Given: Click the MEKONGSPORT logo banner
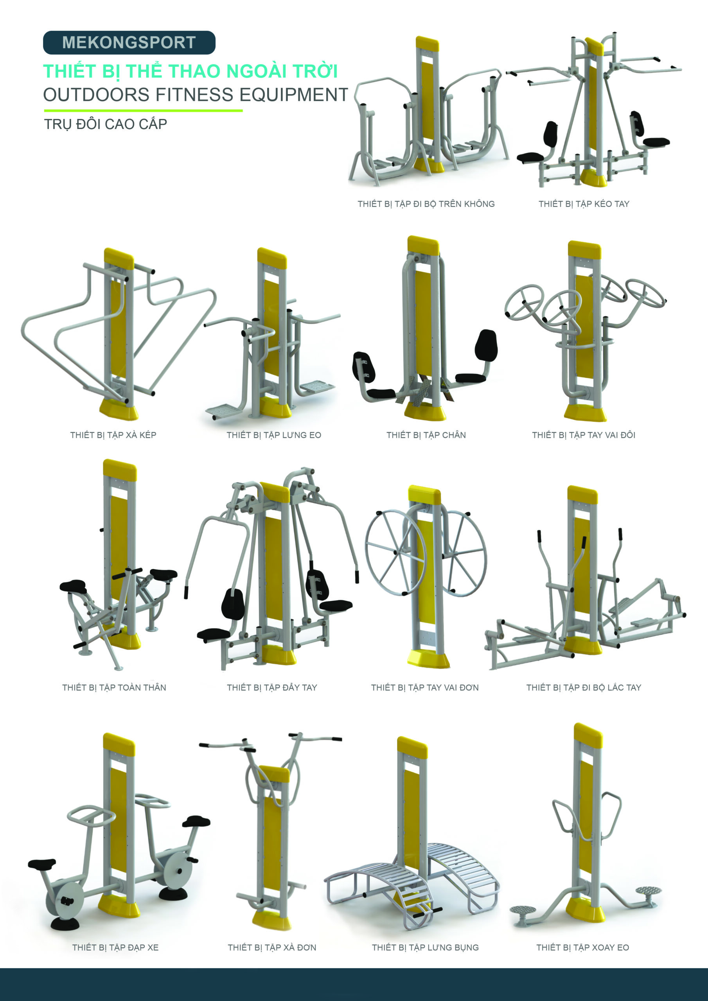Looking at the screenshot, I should pyautogui.click(x=129, y=43).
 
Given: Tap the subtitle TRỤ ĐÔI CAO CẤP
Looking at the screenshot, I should pyautogui.click(x=106, y=124).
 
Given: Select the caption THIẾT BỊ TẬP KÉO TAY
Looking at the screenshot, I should pyautogui.click(x=584, y=204).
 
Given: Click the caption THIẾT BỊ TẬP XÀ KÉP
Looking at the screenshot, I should pyautogui.click(x=113, y=435).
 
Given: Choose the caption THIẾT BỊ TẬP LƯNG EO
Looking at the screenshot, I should pyautogui.click(x=273, y=435).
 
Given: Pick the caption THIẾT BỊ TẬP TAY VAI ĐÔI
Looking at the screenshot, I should pyautogui.click(x=583, y=435).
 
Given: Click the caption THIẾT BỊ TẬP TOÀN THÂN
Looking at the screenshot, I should pyautogui.click(x=114, y=687).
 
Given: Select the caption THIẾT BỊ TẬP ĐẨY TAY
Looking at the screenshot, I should pyautogui.click(x=272, y=687).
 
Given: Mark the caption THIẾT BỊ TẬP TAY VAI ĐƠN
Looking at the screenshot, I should pyautogui.click(x=424, y=687).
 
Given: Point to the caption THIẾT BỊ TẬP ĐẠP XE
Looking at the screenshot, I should pyautogui.click(x=115, y=947).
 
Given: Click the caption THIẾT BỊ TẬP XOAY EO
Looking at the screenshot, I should pyautogui.click(x=582, y=947).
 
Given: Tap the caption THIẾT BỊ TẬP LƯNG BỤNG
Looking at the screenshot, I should pyautogui.click(x=425, y=947).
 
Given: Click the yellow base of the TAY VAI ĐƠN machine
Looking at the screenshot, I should pyautogui.click(x=428, y=659).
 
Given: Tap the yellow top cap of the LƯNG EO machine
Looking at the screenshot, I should pyautogui.click(x=272, y=258).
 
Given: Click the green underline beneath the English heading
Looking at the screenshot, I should pyautogui.click(x=143, y=111).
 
